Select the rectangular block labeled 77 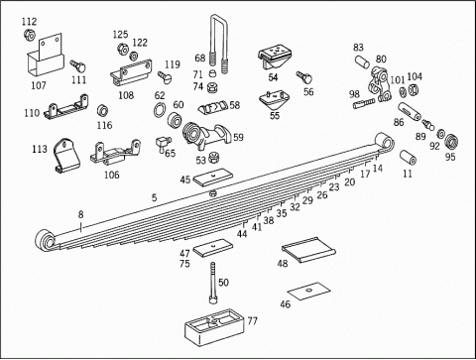click(x=214, y=327)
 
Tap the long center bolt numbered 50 click(x=212, y=283)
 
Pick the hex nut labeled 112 click(x=29, y=35)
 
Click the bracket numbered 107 click(x=45, y=57)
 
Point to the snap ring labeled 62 click(x=160, y=109)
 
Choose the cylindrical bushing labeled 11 click(x=408, y=158)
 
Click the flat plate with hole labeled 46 click(x=309, y=292)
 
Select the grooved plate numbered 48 click(x=308, y=250)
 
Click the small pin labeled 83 click(x=362, y=62)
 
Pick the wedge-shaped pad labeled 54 click(x=275, y=59)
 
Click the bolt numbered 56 click(x=304, y=77)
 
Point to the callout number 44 click(x=242, y=234)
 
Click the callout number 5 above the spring click(x=154, y=197)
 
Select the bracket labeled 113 click(x=67, y=156)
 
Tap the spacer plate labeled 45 click(x=213, y=178)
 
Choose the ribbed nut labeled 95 click(x=451, y=142)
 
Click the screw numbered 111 click(x=78, y=66)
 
